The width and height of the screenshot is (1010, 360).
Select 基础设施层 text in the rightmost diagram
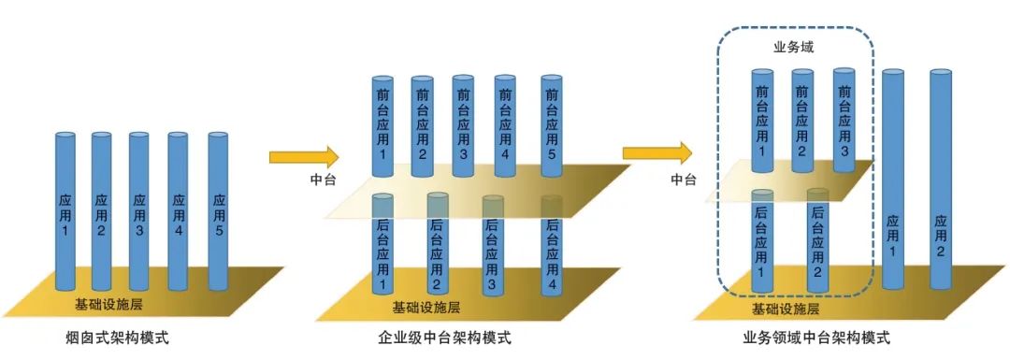pos(786,309)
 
